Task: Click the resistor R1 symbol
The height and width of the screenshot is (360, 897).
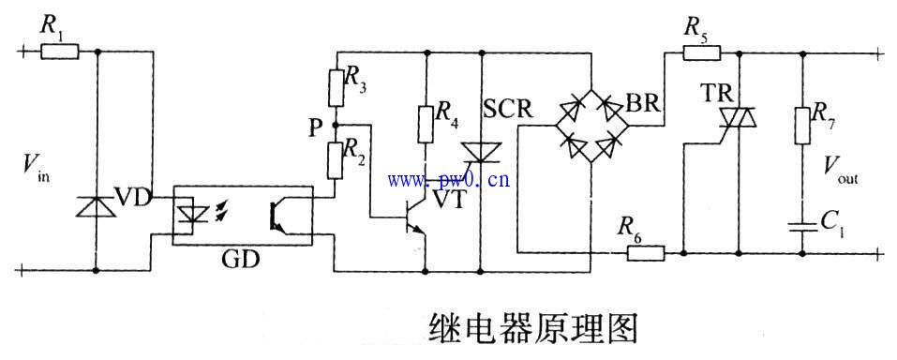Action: pyautogui.click(x=60, y=52)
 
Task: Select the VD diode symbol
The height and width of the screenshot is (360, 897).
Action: pyautogui.click(x=97, y=205)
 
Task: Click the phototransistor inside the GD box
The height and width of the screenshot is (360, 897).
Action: pyautogui.click(x=278, y=215)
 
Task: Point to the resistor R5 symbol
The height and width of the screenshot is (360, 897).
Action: pyautogui.click(x=695, y=52)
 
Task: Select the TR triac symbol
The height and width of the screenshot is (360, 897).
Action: pyautogui.click(x=739, y=118)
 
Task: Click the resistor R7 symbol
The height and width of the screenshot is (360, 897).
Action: pyautogui.click(x=803, y=124)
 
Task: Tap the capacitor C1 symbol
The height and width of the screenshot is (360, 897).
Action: pyautogui.click(x=803, y=226)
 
